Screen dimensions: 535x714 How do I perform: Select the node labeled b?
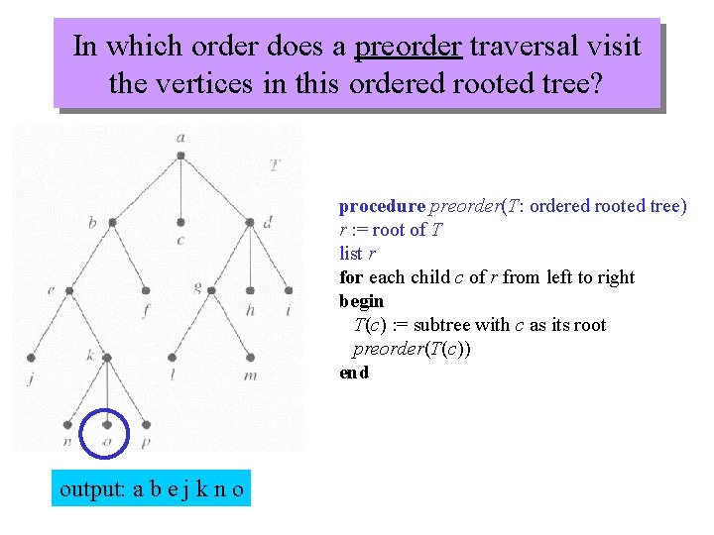tap(112, 223)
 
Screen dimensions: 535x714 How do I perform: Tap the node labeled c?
tap(180, 223)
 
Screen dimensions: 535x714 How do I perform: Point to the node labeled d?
tap(250, 223)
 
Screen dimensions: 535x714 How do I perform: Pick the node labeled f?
tap(146, 291)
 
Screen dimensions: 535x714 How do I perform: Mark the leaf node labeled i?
tap(289, 291)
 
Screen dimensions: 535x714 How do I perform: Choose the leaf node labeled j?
tap(32, 358)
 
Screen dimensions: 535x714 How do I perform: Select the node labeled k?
tap(104, 358)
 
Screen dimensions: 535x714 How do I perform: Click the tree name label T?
tap(274, 164)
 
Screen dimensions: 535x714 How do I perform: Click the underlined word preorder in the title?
tap(408, 47)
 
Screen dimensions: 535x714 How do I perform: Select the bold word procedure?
tap(381, 206)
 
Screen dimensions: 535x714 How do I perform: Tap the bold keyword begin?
tap(361, 301)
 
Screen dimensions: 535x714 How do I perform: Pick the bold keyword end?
tap(354, 373)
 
